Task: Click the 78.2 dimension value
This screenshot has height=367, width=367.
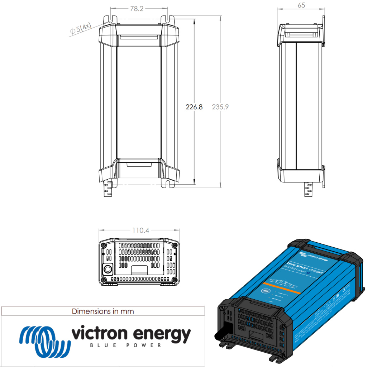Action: tap(136, 9)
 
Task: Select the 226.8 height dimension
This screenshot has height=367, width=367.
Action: tap(194, 107)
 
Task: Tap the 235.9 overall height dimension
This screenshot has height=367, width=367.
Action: tap(220, 107)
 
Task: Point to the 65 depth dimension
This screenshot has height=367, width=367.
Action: tap(301, 5)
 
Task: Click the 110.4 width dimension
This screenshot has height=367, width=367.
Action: tap(140, 230)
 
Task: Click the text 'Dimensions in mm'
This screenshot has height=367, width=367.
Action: tap(103, 311)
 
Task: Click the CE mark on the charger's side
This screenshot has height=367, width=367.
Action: tap(347, 287)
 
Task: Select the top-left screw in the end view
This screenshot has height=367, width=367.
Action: tap(104, 246)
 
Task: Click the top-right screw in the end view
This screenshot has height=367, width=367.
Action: tap(174, 245)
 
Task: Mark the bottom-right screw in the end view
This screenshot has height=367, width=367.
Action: tap(174, 280)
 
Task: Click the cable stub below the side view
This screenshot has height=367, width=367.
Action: tap(308, 189)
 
